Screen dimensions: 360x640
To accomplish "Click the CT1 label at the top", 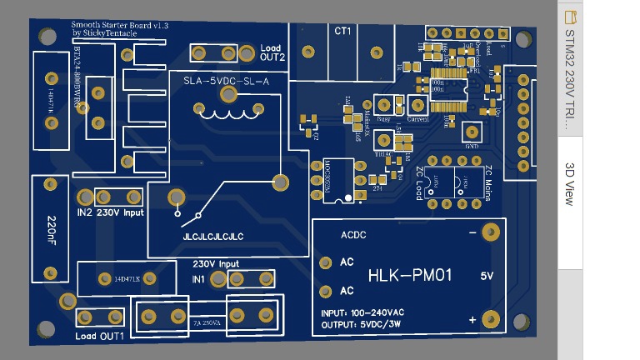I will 342,31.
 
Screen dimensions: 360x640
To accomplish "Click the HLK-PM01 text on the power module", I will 410,274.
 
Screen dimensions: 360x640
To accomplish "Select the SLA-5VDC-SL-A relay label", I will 226,81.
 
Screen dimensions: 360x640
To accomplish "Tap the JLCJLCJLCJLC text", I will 212,237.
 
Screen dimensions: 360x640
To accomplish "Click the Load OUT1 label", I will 99,336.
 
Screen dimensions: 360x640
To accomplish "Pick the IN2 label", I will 84,212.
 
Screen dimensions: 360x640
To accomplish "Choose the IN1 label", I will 199,278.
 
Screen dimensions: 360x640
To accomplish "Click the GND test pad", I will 472,132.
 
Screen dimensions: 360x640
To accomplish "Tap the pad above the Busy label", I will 385,105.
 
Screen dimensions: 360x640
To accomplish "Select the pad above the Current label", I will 417,105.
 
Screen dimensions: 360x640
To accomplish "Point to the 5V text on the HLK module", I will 487,275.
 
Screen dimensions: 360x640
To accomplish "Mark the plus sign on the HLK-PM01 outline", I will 472,319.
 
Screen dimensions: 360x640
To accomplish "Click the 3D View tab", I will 570,184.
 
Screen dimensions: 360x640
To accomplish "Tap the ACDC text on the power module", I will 353,235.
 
